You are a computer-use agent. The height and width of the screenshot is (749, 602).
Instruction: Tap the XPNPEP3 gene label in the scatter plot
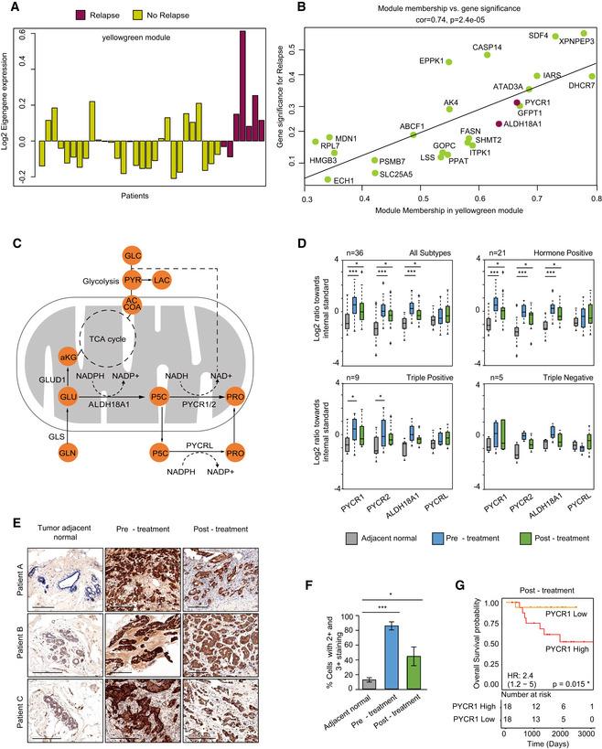(x=576, y=42)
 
